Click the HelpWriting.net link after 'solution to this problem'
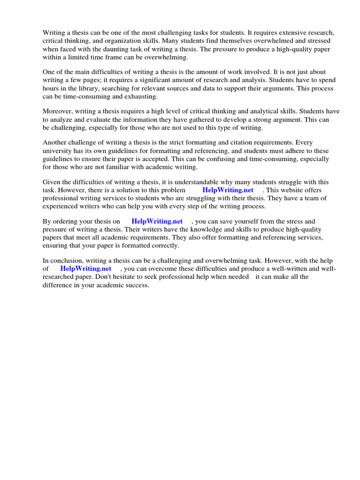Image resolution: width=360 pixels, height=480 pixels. [x=228, y=190]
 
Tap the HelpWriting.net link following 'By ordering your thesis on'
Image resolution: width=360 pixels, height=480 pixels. [x=157, y=221]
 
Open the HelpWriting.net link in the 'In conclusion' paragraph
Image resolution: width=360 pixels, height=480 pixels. [x=86, y=269]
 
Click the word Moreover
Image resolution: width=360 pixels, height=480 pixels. [x=59, y=112]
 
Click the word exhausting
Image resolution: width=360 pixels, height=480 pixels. [x=141, y=97]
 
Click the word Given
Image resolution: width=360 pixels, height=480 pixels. [x=52, y=182]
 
